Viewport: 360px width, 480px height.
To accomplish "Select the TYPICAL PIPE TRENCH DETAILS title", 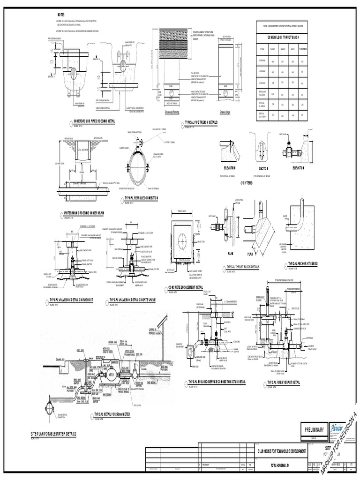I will click(x=200, y=122).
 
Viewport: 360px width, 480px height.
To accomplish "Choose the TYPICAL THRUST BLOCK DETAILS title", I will click(x=243, y=266).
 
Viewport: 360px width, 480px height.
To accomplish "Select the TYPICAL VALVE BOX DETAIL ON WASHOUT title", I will click(x=76, y=299).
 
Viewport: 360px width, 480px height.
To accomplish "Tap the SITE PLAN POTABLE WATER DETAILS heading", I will click(x=53, y=434).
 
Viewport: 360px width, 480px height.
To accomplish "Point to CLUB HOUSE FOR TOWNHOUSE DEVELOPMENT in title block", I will click(x=281, y=450).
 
